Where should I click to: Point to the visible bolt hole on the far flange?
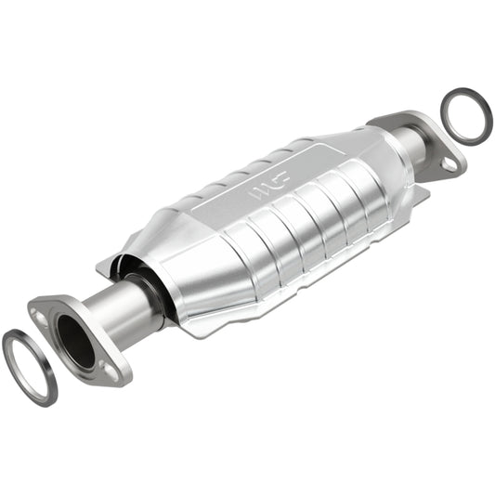coord(449,163)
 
